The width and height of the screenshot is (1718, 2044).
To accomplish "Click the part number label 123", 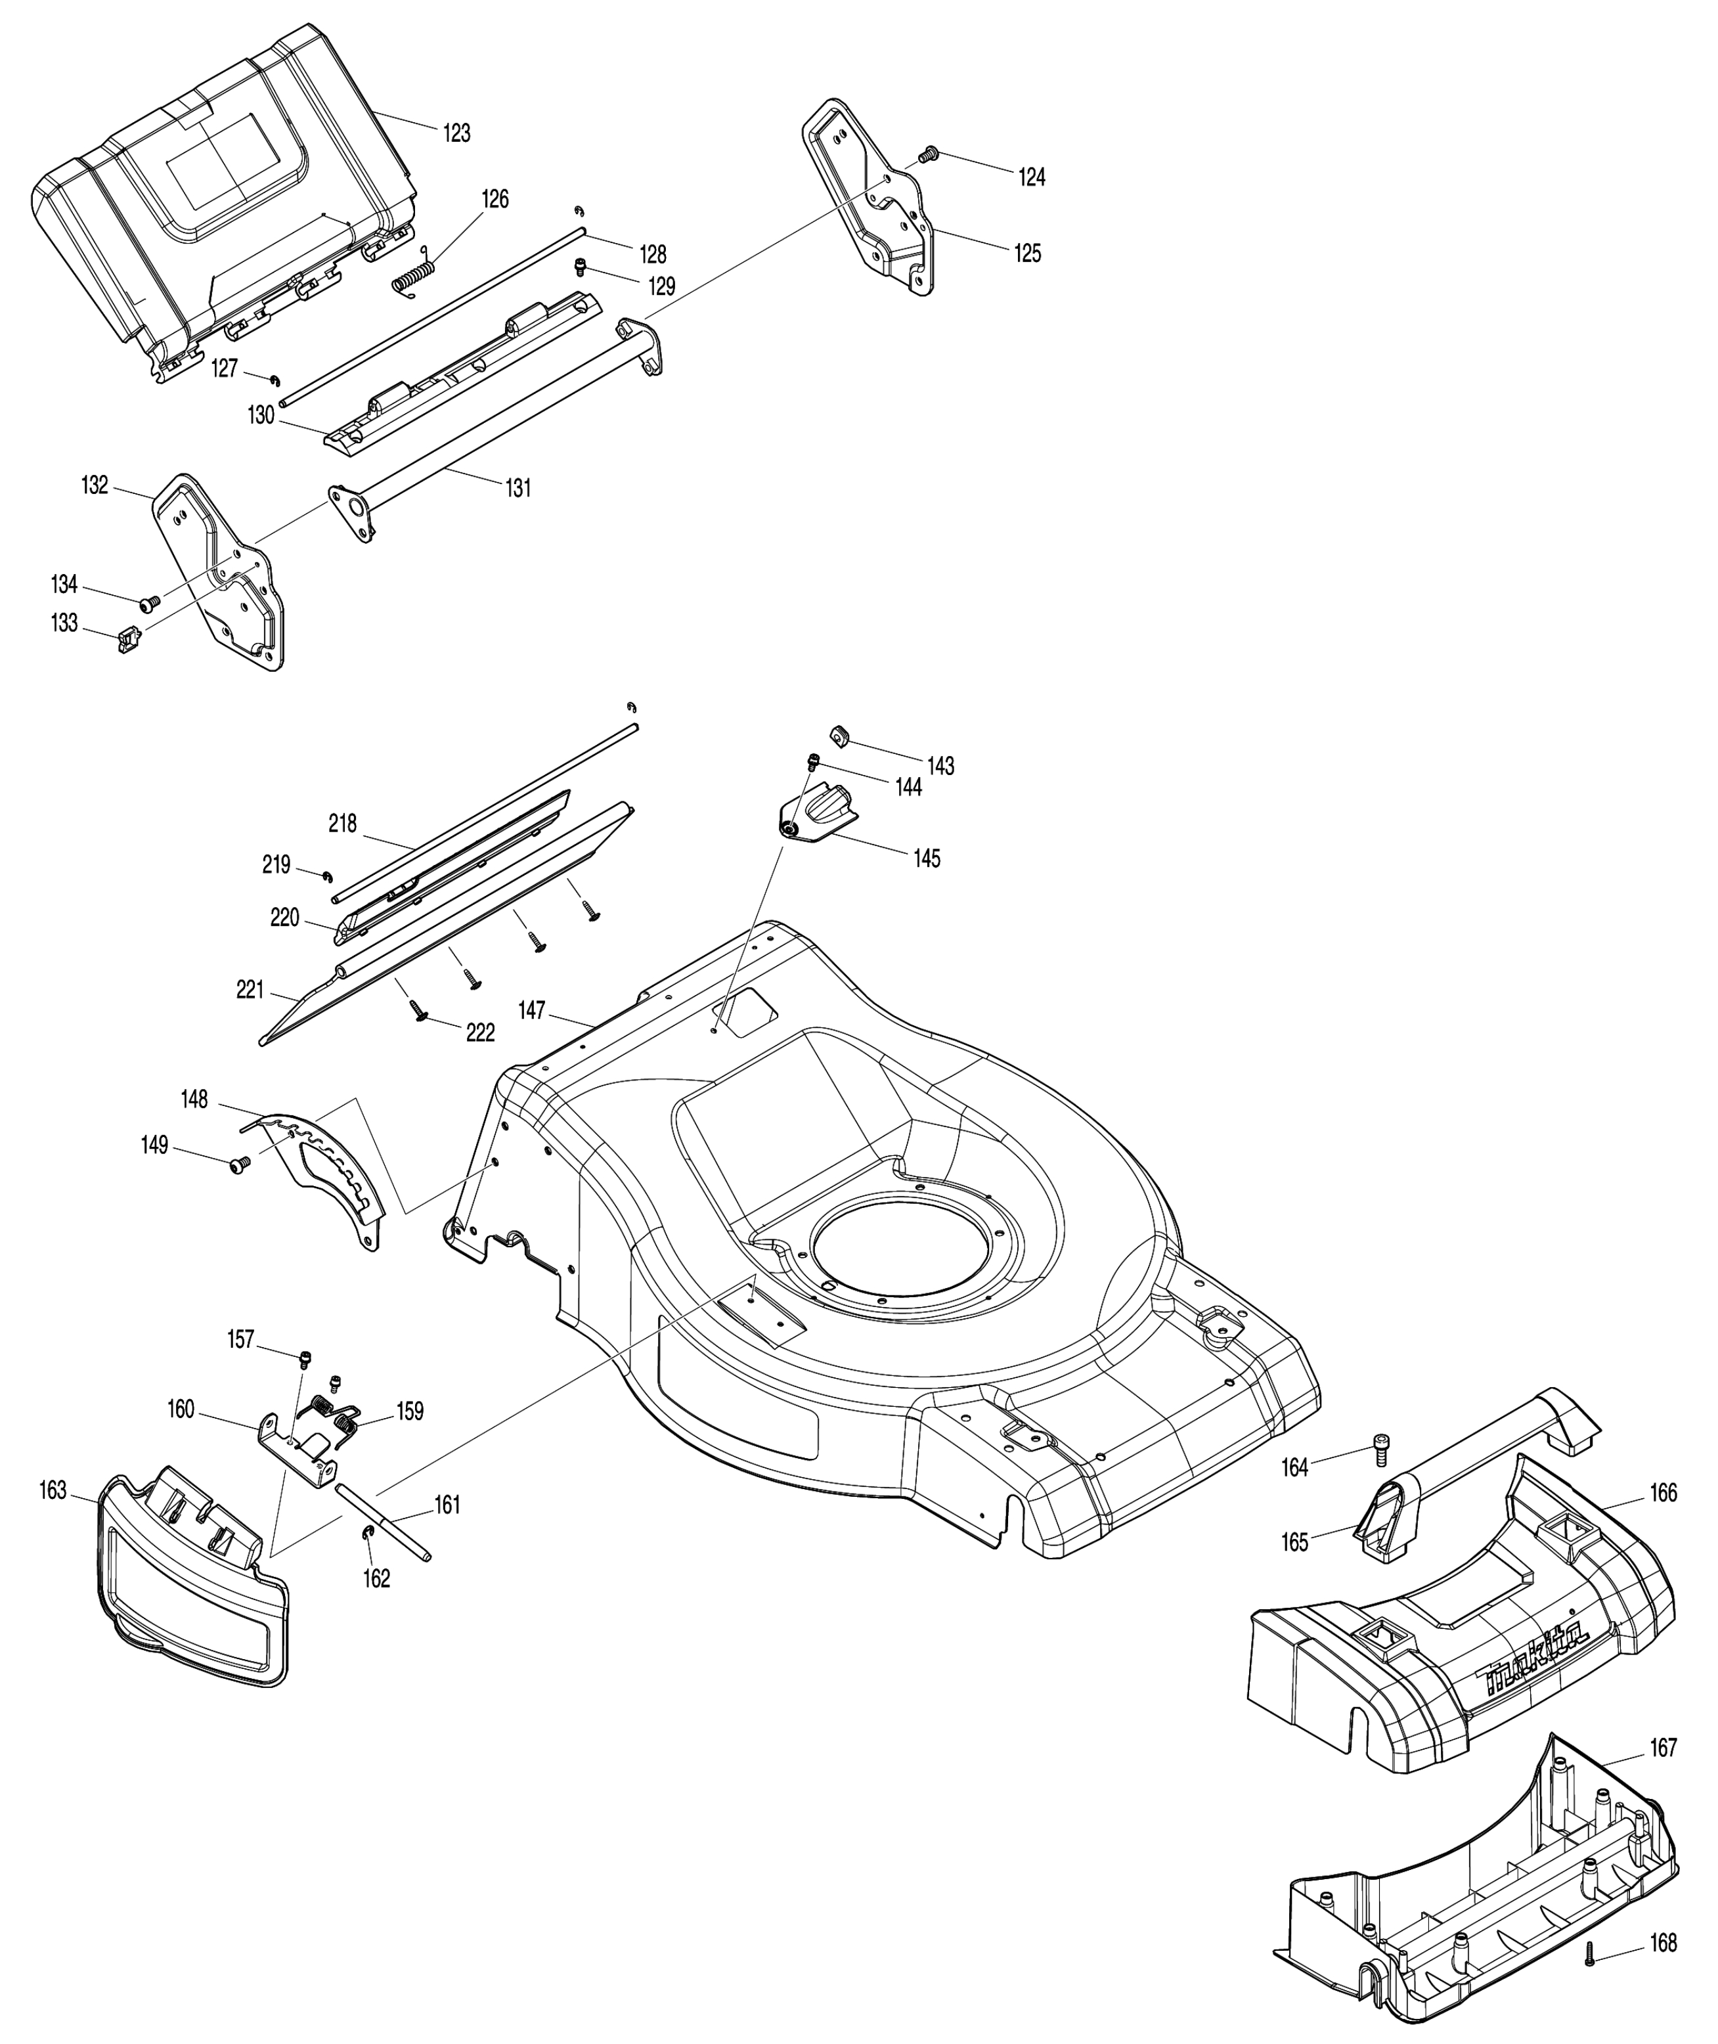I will click(x=457, y=133).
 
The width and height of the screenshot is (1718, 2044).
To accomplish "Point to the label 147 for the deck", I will click(x=532, y=1011).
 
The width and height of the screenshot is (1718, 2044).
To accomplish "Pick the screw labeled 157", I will click(x=306, y=1358).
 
